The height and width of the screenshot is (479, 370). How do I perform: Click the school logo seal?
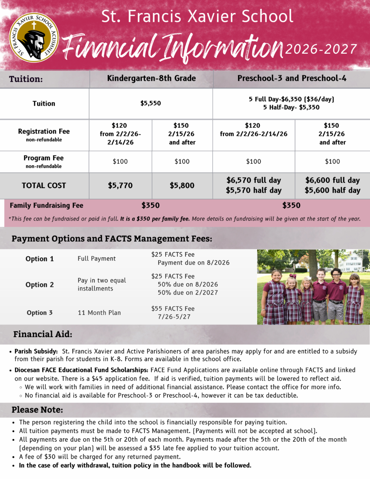[x=34, y=37]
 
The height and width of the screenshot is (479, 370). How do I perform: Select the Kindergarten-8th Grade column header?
[x=151, y=78]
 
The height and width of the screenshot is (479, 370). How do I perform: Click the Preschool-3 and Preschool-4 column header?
[x=291, y=78]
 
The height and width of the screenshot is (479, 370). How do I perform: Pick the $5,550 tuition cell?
[x=150, y=103]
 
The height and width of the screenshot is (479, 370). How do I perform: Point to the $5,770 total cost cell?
[x=120, y=185]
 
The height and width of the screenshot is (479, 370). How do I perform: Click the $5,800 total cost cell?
[x=182, y=185]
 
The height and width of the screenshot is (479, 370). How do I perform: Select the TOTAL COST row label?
[x=44, y=185]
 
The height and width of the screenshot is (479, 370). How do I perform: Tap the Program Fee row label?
[x=44, y=158]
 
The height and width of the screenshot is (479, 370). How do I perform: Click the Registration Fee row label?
[x=44, y=132]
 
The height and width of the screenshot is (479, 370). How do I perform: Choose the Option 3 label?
[x=39, y=313]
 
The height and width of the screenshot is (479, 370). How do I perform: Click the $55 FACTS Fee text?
[x=173, y=309]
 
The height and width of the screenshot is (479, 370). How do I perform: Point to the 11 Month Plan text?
[x=99, y=313]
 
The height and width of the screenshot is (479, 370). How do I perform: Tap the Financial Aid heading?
[x=43, y=334]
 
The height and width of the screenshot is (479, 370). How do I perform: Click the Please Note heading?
[x=37, y=410]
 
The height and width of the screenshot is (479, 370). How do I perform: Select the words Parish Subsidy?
[x=36, y=351]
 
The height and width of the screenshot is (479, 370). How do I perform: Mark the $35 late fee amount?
[x=154, y=448]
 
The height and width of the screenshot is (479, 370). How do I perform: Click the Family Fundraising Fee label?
[x=47, y=205]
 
